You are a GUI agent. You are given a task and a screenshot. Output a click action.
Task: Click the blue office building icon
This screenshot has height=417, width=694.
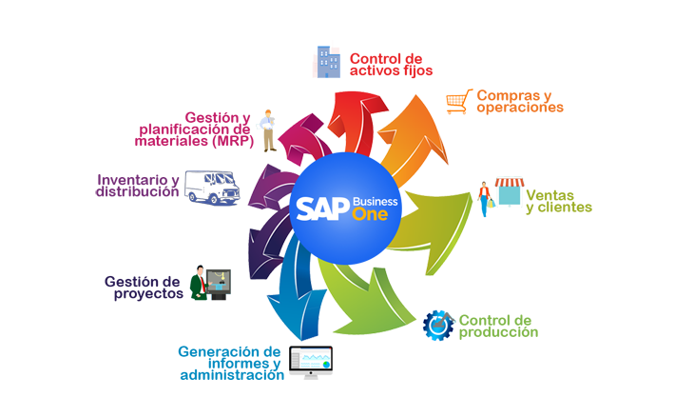328,62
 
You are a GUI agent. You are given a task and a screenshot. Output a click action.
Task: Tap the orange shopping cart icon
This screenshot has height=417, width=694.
459,102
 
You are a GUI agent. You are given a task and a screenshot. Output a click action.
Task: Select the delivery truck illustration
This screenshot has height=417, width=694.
212,188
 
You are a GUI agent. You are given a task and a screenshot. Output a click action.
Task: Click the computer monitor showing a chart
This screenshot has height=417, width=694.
311,362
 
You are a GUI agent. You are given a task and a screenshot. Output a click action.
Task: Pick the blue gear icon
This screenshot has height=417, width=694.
438,326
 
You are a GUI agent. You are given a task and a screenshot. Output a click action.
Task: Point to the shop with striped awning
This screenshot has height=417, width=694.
510,192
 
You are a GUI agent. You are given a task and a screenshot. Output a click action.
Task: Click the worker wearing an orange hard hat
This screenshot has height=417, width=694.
268,130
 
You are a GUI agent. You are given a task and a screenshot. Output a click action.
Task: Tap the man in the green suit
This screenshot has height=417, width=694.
199,283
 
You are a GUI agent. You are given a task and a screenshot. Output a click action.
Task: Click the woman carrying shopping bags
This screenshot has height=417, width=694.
486,199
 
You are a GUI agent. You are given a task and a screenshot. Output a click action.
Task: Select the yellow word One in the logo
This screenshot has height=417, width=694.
370,214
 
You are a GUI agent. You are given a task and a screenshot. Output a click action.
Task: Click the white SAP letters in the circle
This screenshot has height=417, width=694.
322,208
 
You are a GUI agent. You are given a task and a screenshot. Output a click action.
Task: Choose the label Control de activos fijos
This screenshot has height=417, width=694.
391,65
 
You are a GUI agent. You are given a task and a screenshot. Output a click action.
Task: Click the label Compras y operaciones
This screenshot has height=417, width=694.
520,102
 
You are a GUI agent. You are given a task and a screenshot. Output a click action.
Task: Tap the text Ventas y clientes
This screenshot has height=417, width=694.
559,202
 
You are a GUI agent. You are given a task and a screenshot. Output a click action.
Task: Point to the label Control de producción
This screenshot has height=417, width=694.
498,327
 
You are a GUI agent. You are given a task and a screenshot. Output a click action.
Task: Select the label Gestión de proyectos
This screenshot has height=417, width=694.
144,288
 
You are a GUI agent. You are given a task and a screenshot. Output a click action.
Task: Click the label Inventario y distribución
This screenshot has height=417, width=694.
138,186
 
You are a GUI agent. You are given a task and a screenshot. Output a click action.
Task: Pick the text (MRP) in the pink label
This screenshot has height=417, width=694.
233,141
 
